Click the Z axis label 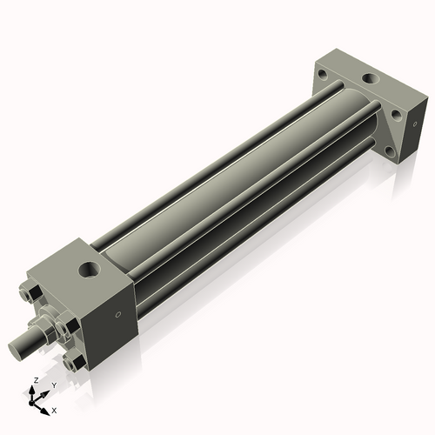[34, 381]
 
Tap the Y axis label [54, 385]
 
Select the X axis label [54, 409]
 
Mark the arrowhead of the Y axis [46, 391]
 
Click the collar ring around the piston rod [47, 326]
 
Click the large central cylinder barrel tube [235, 183]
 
